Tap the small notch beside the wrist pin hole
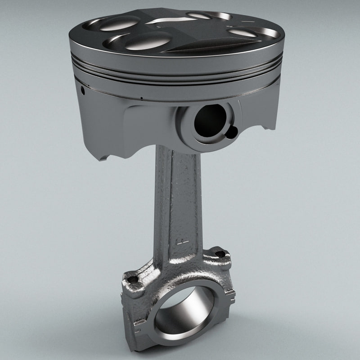pos(232,132)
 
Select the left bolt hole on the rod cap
pos(133,279)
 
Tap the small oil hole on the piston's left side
pos(83,90)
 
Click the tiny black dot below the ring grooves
pos(141,97)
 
